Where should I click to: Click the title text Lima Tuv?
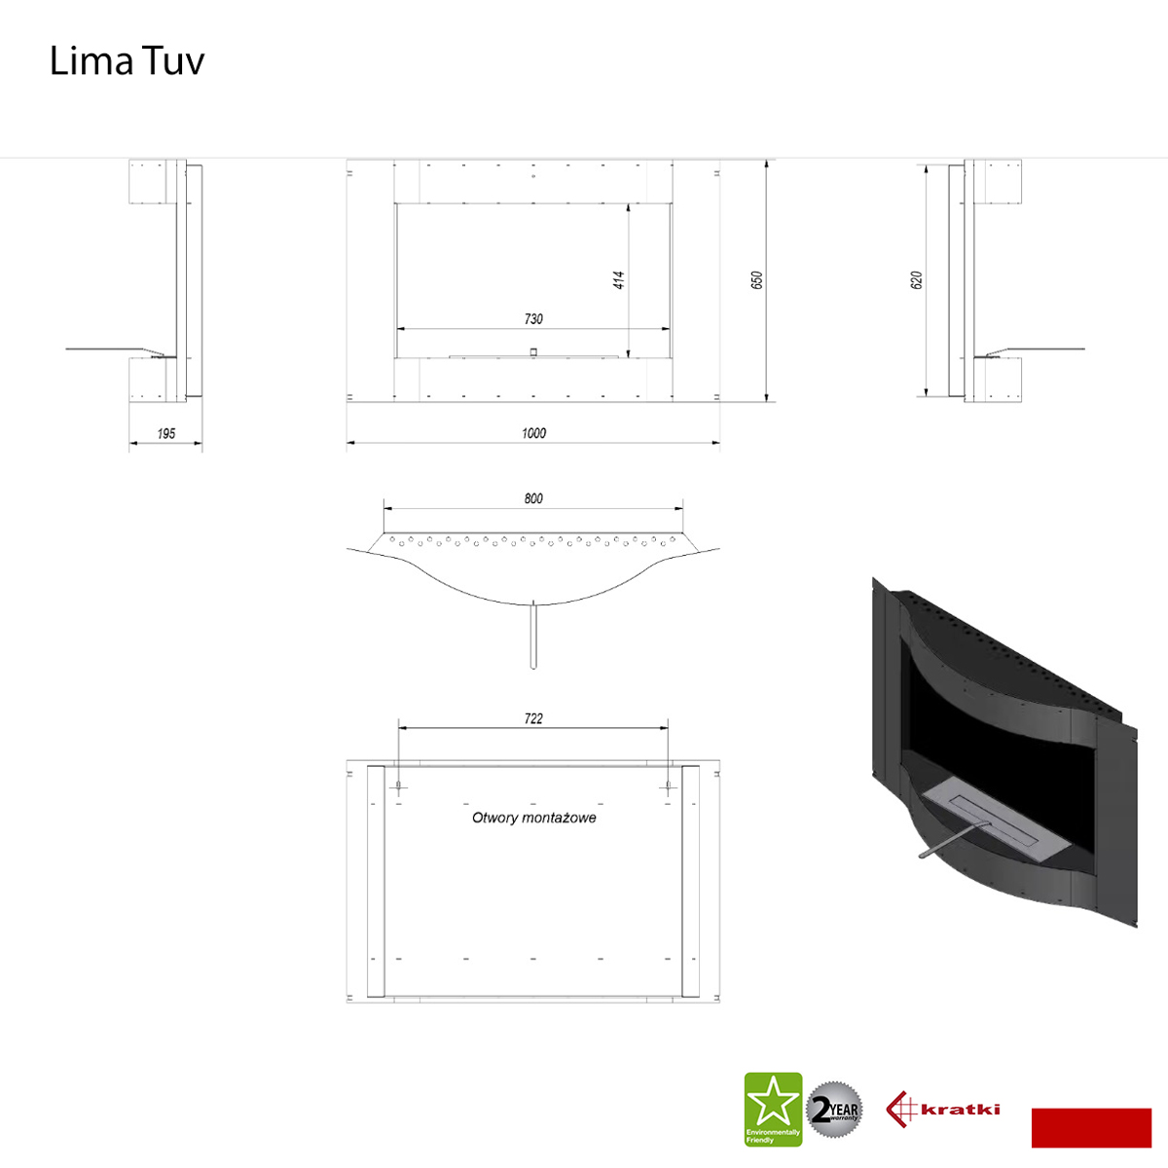[127, 61]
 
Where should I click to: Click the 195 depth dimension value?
[166, 433]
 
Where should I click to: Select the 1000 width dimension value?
[533, 433]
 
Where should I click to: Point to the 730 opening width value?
[533, 319]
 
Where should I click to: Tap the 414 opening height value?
[618, 280]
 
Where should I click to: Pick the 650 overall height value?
[756, 280]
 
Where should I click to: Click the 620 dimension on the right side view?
[916, 280]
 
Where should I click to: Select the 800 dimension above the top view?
[533, 498]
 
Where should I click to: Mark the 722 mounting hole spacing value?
[533, 718]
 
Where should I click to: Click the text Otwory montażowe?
[534, 819]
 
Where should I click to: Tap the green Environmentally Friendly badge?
[773, 1110]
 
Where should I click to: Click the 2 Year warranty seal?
[834, 1111]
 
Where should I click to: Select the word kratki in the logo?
[960, 1110]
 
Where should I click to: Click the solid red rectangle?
[1091, 1128]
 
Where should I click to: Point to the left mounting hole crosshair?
[398, 788]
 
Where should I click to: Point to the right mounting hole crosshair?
[668, 788]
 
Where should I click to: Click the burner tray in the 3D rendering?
[996, 825]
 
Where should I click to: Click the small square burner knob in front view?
[533, 351]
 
